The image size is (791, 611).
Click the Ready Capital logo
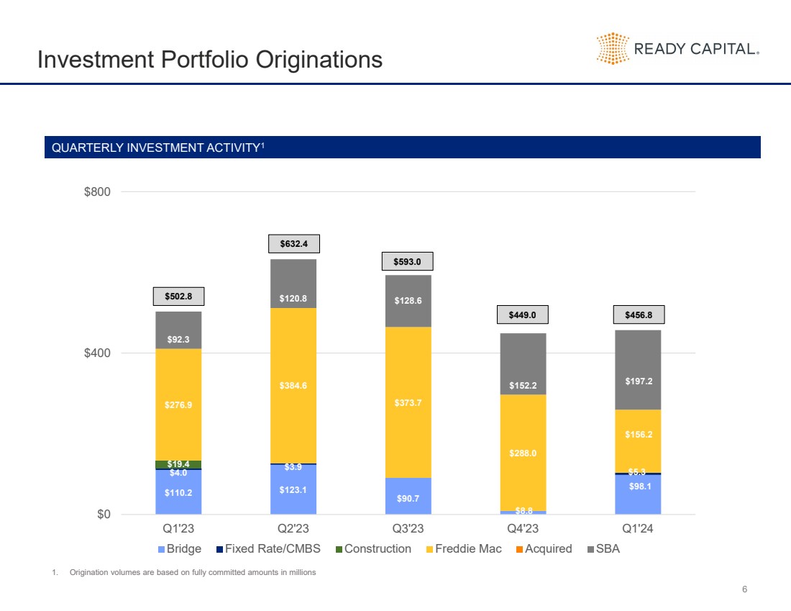pyautogui.click(x=677, y=48)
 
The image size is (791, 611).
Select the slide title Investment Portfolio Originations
pyautogui.click(x=209, y=59)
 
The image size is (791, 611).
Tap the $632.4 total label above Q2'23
pyautogui.click(x=293, y=244)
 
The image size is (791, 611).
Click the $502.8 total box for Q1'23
pyautogui.click(x=178, y=296)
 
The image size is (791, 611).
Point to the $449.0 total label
pyautogui.click(x=523, y=314)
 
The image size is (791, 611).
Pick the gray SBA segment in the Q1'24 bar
pyautogui.click(x=638, y=369)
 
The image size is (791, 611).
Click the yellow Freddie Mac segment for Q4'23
pyautogui.click(x=523, y=453)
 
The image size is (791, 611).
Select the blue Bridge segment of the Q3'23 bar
pyautogui.click(x=408, y=496)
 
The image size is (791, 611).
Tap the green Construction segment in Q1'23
pyautogui.click(x=178, y=464)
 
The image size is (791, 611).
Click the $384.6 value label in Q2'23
pyautogui.click(x=293, y=386)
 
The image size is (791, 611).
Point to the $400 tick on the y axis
pyautogui.click(x=99, y=353)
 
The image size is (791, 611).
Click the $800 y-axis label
pyautogui.click(x=99, y=192)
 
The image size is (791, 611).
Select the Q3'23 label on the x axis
pyautogui.click(x=408, y=529)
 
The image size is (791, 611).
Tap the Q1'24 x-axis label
pyautogui.click(x=638, y=529)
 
